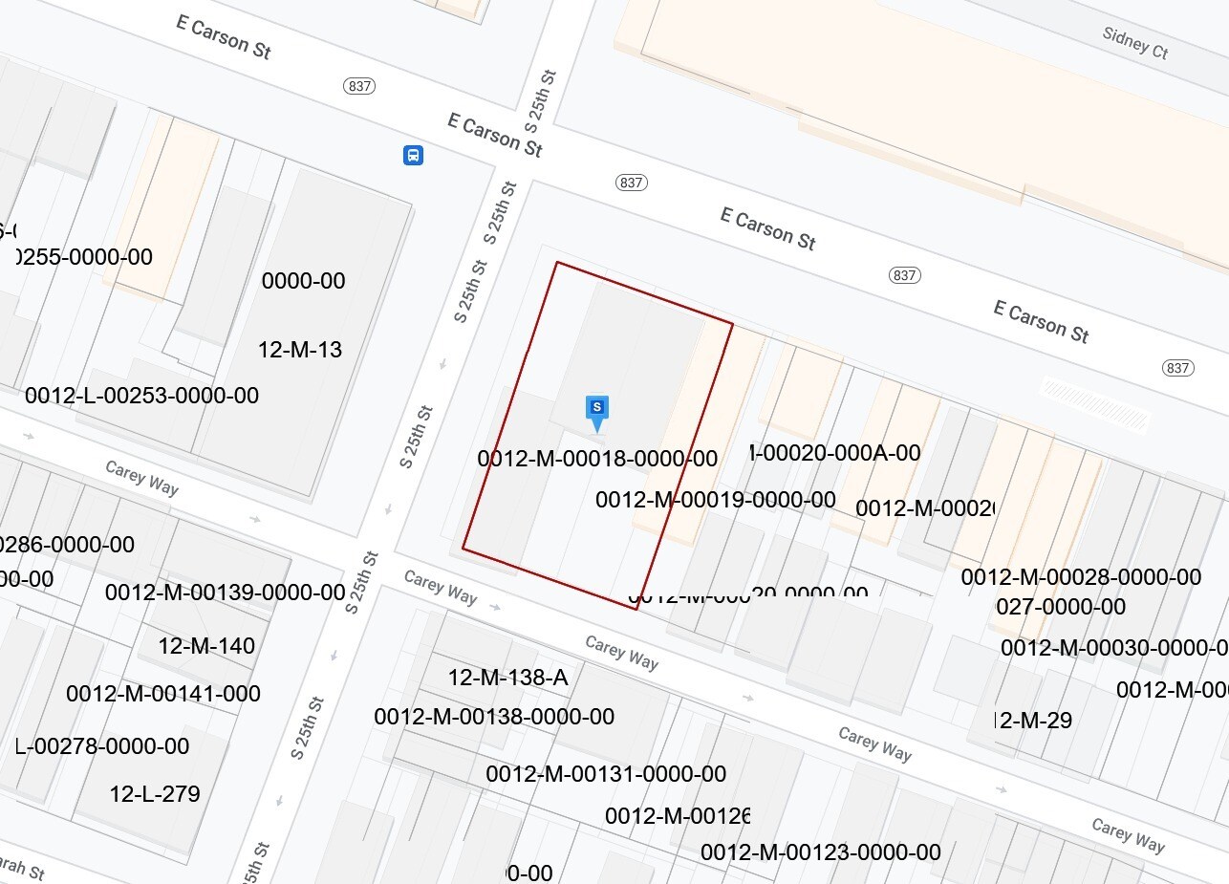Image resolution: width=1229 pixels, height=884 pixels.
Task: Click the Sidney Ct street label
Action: [x=1134, y=43]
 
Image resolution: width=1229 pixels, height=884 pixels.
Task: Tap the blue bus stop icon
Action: [x=413, y=155]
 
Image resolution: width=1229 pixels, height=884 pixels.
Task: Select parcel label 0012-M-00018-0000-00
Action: [x=597, y=459]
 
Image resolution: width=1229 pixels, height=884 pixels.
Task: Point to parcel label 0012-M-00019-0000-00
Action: [x=715, y=500]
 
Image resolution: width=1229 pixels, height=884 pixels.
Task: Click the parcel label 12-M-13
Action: [x=300, y=350]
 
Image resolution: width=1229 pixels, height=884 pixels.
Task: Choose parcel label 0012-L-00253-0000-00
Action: [x=141, y=396]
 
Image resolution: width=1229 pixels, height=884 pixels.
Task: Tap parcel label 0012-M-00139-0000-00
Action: [x=225, y=593]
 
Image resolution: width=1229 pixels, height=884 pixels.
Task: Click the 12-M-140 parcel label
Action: [x=206, y=646]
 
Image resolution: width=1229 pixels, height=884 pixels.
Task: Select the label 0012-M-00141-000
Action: [x=162, y=694]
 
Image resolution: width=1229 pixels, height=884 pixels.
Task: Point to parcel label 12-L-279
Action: [x=155, y=793]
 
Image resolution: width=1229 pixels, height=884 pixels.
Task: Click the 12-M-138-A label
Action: [x=507, y=678]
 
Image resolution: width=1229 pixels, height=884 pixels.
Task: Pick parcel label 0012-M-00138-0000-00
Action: [x=494, y=717]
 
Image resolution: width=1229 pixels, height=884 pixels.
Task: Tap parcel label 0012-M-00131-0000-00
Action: [x=606, y=774]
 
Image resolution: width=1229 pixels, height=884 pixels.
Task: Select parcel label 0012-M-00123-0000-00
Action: [x=820, y=852]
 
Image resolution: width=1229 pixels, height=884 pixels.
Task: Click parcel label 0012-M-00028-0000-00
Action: [x=1081, y=577]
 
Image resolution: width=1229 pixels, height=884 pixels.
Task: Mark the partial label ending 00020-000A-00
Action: [x=836, y=452]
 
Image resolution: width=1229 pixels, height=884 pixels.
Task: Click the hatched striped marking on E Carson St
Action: [x=1093, y=404]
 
